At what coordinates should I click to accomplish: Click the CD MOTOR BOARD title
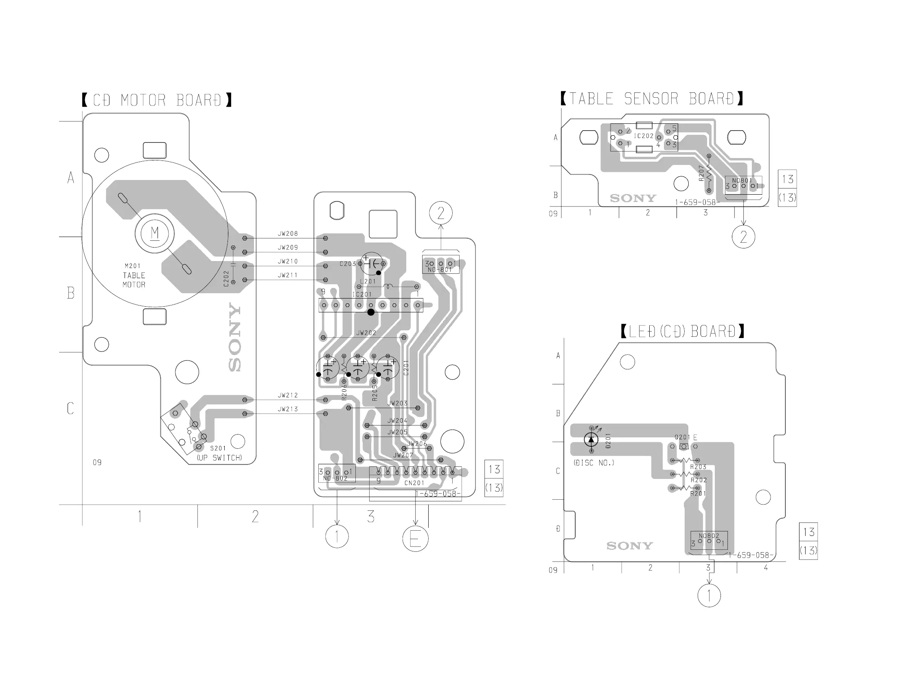pos(157,100)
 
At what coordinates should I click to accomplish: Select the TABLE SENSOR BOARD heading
pos(652,99)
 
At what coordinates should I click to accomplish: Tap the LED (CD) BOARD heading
pos(682,332)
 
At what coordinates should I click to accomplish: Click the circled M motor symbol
pos(155,233)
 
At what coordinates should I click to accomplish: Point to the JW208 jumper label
pos(287,234)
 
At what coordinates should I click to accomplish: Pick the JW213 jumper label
pos(287,409)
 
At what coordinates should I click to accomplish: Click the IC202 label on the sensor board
pos(643,136)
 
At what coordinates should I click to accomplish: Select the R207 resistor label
pos(701,173)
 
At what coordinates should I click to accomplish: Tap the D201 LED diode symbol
pos(591,440)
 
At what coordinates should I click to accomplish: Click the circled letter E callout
pos(415,539)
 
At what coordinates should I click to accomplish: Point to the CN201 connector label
pos(414,483)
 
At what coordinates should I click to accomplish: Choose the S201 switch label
pos(218,448)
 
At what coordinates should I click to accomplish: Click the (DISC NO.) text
pos(593,463)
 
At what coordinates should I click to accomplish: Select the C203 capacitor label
pos(348,264)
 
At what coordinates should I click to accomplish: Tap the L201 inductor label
pos(368,281)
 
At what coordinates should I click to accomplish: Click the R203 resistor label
pos(699,467)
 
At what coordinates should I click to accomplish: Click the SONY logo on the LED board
pos(630,546)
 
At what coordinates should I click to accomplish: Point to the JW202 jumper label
pos(366,333)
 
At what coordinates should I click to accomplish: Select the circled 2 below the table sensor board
pos(743,237)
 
